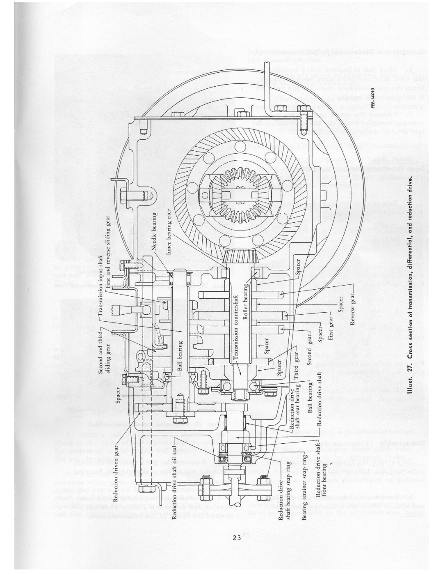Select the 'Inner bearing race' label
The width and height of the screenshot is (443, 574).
pos(169,232)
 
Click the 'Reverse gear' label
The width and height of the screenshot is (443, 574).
pos(352,311)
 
